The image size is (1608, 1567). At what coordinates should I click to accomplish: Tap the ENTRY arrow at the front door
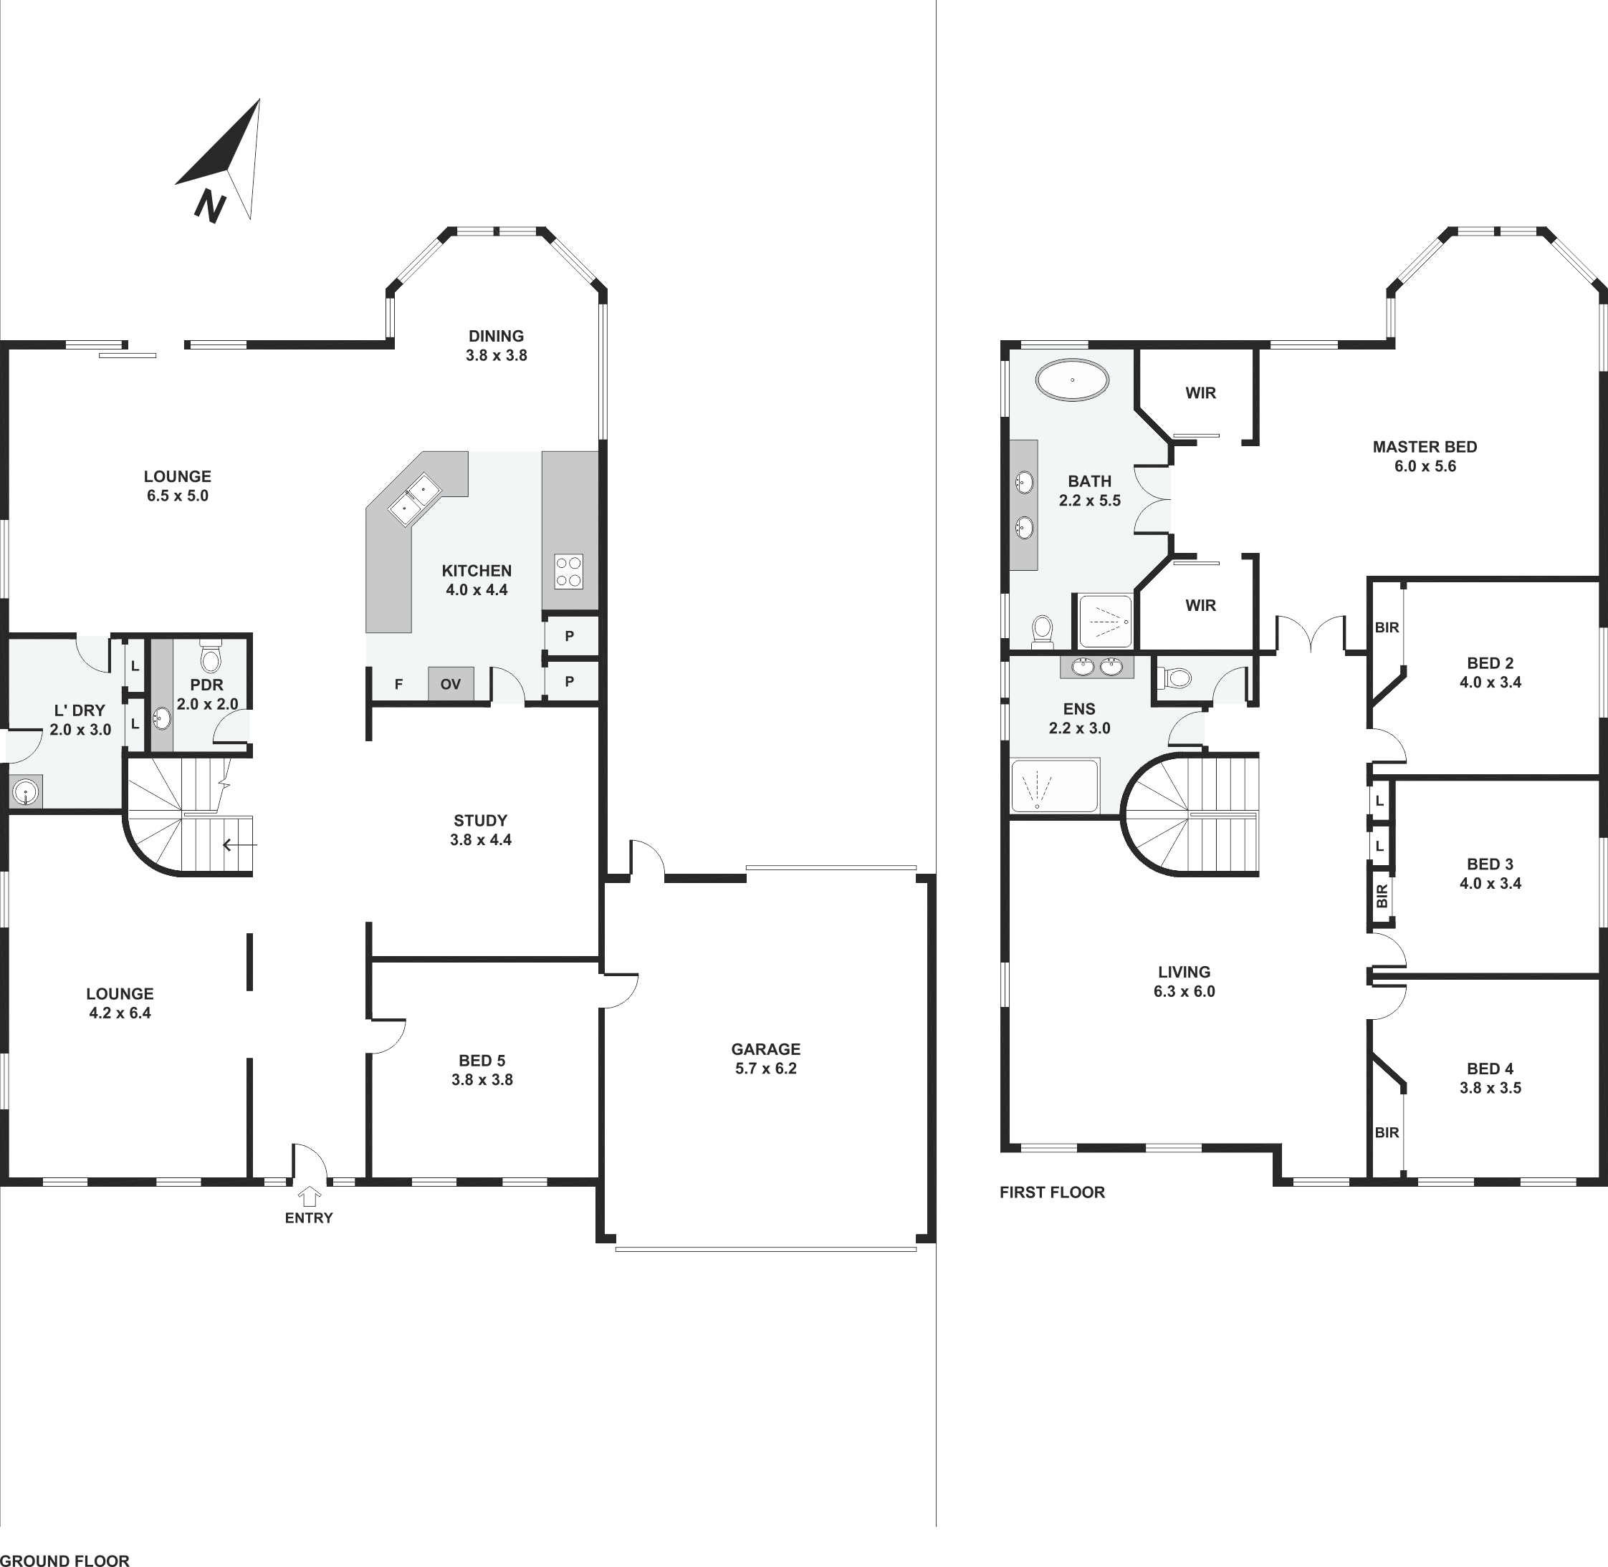[309, 1196]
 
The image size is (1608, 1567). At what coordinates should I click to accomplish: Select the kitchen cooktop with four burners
[569, 572]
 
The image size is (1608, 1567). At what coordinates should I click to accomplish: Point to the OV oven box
[451, 684]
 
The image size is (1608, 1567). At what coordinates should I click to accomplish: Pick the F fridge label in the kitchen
[398, 684]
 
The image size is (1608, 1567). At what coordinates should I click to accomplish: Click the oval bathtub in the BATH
[1072, 380]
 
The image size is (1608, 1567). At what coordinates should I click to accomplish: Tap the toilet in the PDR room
[211, 656]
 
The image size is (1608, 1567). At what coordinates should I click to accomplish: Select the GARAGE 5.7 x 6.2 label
[766, 1059]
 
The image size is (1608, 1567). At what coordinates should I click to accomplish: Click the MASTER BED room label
[1425, 447]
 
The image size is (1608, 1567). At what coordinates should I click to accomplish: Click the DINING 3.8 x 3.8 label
[497, 346]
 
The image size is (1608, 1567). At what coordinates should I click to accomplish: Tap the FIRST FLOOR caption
[1052, 1192]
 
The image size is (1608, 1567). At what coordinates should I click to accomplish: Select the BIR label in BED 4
[1387, 1132]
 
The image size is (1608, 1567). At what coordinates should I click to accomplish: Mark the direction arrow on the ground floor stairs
[239, 845]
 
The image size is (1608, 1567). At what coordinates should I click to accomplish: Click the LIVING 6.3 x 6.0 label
[1184, 982]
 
